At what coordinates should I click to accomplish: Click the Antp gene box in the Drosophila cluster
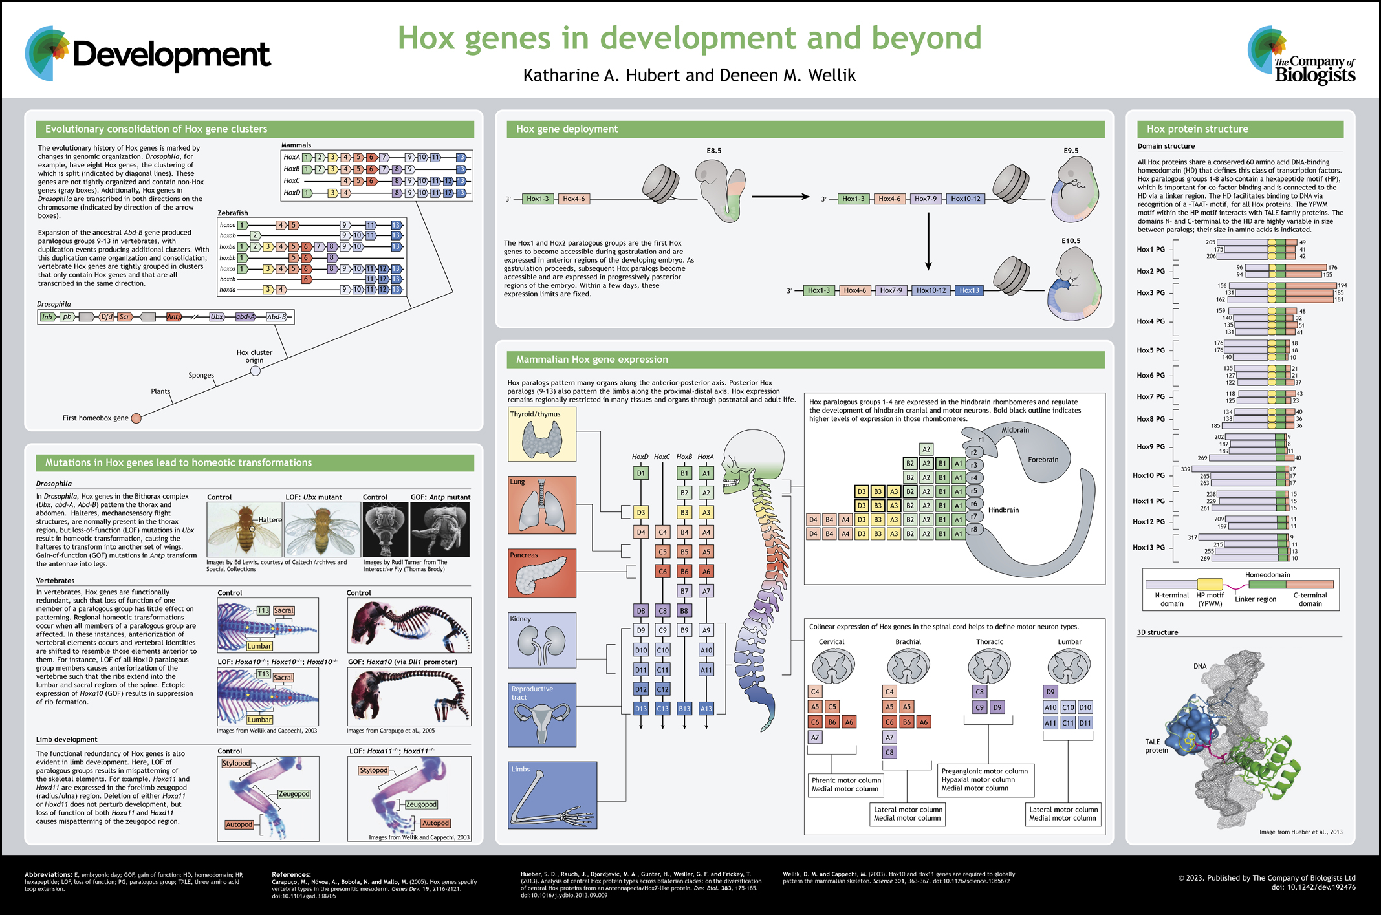[x=174, y=317]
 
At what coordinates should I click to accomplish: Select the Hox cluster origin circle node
[x=256, y=371]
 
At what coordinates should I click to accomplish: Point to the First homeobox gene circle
[x=136, y=418]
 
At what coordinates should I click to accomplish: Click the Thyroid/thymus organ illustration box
[x=541, y=435]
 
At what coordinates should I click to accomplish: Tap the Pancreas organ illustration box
[x=541, y=574]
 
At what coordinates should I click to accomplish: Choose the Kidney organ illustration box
[x=541, y=640]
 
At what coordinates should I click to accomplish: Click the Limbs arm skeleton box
[x=552, y=795]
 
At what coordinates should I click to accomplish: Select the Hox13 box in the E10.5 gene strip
[x=969, y=290]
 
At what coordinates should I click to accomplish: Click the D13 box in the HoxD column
[x=640, y=709]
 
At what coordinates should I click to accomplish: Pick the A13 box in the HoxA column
[x=706, y=709]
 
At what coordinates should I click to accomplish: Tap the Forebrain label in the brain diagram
[x=1043, y=460]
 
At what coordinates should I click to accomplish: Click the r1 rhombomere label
[x=981, y=440]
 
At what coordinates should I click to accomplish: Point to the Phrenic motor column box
[x=845, y=784]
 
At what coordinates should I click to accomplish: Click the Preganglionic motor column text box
[x=985, y=779]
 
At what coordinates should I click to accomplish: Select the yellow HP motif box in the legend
[x=1210, y=585]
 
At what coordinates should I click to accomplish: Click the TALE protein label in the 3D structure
[x=1157, y=746]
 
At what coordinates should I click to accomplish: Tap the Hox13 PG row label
[x=1151, y=547]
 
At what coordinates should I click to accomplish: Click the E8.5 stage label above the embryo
[x=713, y=151]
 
